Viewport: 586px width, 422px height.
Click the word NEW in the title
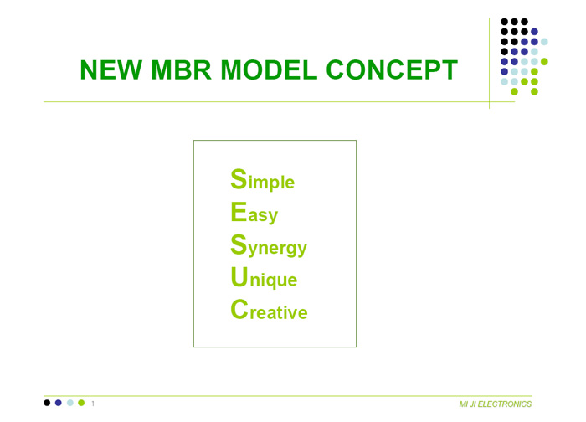click(111, 69)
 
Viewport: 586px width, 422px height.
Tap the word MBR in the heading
click(182, 69)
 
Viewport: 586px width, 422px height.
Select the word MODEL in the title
click(269, 69)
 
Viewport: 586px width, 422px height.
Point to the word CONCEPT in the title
click(392, 69)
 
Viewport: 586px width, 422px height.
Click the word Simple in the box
click(262, 180)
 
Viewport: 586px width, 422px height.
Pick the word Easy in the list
click(254, 213)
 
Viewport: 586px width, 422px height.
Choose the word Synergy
click(269, 245)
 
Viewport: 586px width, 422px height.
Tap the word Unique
click(264, 278)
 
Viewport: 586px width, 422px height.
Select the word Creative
click(269, 310)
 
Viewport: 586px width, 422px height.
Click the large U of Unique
click(239, 276)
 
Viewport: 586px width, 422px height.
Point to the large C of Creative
click(239, 310)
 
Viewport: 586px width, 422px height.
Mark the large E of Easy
click(239, 212)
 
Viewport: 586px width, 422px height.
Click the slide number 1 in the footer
click(93, 404)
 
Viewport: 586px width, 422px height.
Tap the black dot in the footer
click(47, 403)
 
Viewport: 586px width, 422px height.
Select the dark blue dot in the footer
click(59, 403)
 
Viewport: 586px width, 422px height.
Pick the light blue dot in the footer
click(69, 403)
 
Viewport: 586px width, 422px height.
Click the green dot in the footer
click(81, 403)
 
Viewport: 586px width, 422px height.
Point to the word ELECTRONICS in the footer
click(505, 404)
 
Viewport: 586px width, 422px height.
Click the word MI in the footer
click(463, 404)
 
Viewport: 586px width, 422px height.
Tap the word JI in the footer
click(472, 404)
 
